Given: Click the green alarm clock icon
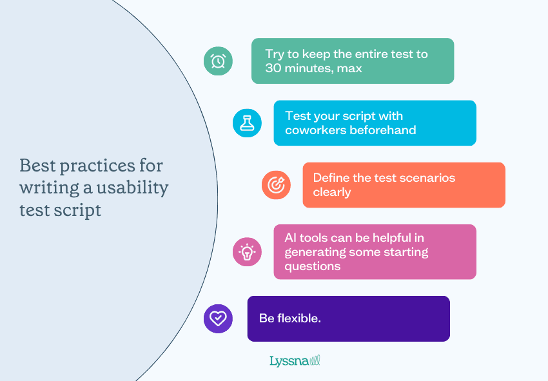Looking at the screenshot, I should (218, 61).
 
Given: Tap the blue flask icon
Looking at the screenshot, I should (247, 122).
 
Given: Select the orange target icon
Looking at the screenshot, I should (276, 184).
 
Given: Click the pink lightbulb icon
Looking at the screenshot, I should (247, 251).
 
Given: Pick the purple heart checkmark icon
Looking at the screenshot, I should (218, 318).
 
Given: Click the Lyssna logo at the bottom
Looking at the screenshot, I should (295, 360).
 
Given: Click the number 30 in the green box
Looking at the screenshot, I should (274, 68).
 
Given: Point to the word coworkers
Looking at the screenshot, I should (315, 130).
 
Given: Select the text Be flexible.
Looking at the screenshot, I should (289, 318).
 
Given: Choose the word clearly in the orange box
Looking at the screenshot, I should (332, 191).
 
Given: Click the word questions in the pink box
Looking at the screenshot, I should (313, 266).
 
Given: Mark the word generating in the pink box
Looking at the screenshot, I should (315, 252).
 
